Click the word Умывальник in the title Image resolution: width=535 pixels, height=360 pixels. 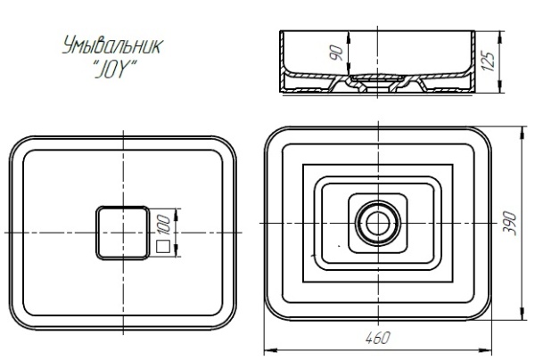111,47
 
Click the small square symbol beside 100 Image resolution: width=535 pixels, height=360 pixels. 163,244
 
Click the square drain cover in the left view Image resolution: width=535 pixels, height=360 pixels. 122,232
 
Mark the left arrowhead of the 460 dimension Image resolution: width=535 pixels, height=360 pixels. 269,348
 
